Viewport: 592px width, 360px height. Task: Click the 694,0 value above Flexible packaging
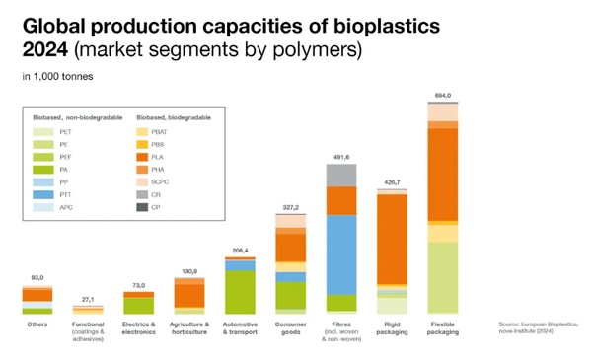[x=444, y=95]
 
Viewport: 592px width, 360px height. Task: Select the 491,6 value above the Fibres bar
[x=341, y=156]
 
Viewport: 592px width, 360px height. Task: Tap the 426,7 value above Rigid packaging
[x=393, y=182]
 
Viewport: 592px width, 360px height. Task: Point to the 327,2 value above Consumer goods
[x=290, y=208]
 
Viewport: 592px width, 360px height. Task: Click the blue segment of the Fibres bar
[x=341, y=254]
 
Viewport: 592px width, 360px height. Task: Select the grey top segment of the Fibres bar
[x=341, y=176]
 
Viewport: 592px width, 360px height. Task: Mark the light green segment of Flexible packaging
[x=444, y=277]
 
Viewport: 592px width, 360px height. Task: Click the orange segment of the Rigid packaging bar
[x=393, y=241]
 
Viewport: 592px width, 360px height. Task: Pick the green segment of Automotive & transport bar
[x=240, y=291]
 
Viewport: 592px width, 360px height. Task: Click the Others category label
[x=37, y=324]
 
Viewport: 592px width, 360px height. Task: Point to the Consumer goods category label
[x=290, y=327]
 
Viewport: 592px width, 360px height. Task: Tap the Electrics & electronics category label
[x=138, y=327]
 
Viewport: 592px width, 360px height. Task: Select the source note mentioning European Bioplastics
[x=539, y=326]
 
